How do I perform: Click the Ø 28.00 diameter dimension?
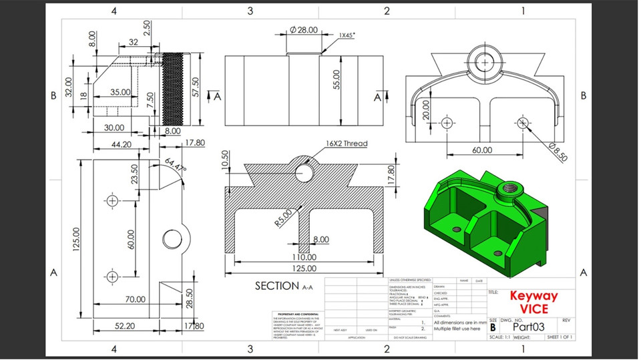304,30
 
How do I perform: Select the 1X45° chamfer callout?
346,35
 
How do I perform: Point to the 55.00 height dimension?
337,79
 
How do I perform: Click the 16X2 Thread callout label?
347,144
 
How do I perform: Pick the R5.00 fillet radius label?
282,218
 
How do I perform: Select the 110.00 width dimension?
304,257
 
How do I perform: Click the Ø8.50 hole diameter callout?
558,153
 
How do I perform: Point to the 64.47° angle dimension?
176,166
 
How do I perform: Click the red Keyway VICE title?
533,302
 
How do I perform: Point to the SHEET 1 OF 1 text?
560,338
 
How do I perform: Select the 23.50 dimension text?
134,175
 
